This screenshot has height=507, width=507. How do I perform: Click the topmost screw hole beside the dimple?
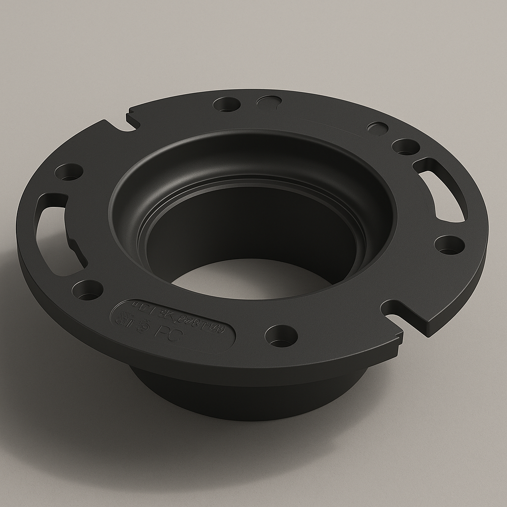click(227, 104)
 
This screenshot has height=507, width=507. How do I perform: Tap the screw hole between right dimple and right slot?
click(406, 147)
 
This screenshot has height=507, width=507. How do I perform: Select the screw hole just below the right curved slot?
click(449, 245)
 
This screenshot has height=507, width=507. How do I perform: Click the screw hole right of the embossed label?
click(281, 336)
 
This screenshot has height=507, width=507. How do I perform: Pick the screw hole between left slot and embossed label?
click(88, 290)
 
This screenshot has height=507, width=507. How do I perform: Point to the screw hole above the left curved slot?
click(69, 172)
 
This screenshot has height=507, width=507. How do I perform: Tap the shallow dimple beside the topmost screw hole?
click(269, 101)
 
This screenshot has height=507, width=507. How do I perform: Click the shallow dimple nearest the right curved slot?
click(378, 128)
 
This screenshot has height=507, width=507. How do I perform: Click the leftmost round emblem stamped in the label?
click(122, 319)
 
